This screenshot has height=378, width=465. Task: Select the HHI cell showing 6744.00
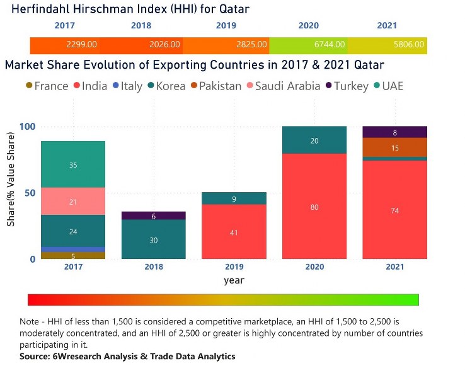tap(330, 45)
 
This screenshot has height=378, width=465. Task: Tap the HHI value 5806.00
tap(409, 45)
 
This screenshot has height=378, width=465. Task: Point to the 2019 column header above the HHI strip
tap(226, 26)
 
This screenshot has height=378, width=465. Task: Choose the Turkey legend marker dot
tap(328, 86)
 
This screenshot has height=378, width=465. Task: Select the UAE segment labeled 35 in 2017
tap(73, 164)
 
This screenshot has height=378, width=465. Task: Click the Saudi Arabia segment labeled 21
tap(73, 202)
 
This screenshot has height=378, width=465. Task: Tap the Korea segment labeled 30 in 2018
tap(154, 239)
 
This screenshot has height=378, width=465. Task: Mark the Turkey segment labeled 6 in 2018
tap(154, 216)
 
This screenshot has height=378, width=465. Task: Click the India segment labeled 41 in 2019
tap(234, 232)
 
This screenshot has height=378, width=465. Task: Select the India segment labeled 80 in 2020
tap(314, 207)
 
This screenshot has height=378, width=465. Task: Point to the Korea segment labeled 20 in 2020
tap(314, 140)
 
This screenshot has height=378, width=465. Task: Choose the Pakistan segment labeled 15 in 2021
tap(394, 147)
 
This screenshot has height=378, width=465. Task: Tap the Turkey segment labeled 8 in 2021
tap(394, 132)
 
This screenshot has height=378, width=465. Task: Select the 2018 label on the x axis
tap(154, 267)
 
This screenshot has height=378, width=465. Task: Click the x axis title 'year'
tap(234, 280)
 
